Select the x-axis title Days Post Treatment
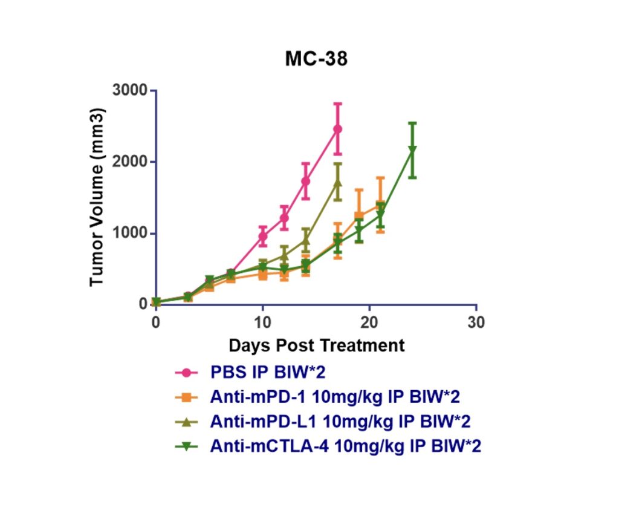pos(316,345)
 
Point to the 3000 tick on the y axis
pos(131,90)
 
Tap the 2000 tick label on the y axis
pos(131,162)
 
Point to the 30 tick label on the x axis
pos(476,321)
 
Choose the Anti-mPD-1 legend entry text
pos(335,397)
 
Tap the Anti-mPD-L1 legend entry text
pos(340,421)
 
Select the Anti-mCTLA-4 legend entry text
pos(345,446)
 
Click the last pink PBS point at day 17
pos(338,129)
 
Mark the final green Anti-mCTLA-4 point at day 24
pos(412,149)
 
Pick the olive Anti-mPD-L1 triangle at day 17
pos(338,183)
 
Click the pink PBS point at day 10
pos(263,236)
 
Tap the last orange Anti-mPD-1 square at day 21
pos(380,205)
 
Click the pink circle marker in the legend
pos(188,372)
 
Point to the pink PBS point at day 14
pos(306,181)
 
